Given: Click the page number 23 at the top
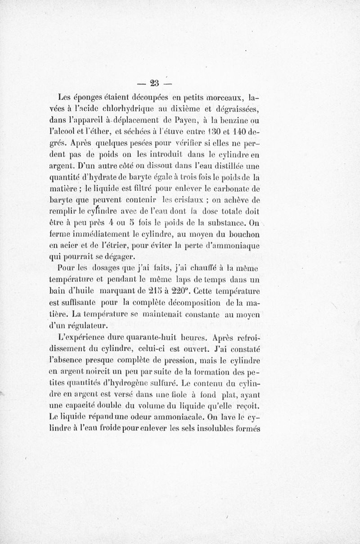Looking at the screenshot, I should click(156, 82).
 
